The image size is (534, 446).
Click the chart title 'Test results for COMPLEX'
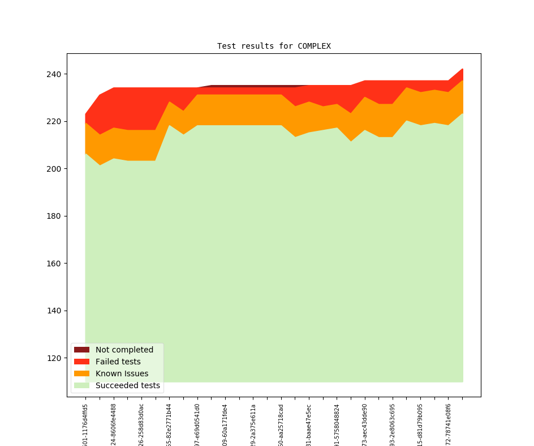tap(274, 46)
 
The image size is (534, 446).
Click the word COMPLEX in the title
tap(314, 46)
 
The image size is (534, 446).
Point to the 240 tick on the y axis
tap(55, 74)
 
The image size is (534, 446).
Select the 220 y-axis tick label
tap(55, 121)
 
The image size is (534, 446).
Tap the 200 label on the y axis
tap(55, 169)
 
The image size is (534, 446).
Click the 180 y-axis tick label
tap(55, 216)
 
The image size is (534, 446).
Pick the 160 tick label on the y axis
tap(55, 264)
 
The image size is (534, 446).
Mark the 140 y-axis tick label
tap(55, 311)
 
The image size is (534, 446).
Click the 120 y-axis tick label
tap(55, 358)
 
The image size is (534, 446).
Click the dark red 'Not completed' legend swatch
tap(81, 350)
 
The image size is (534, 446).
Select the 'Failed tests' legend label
tap(118, 362)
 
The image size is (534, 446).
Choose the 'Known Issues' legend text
tap(122, 373)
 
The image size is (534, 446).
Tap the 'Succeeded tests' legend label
tap(127, 385)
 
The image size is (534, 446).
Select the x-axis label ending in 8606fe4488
tap(114, 424)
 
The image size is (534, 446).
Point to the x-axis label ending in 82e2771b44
tap(169, 424)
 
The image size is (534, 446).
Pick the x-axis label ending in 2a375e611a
tap(253, 424)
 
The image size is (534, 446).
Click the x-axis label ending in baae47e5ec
tap(309, 424)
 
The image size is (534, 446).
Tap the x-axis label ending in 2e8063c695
tap(393, 424)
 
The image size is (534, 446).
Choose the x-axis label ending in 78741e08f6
tap(449, 424)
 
